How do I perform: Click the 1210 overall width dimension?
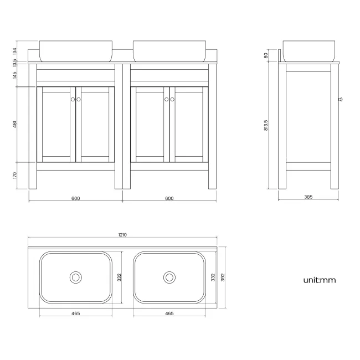pyautogui.click(x=122, y=235)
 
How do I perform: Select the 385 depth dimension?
pyautogui.click(x=308, y=197)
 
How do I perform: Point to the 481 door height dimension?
pyautogui.click(x=16, y=125)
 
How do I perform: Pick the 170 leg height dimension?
pyautogui.click(x=16, y=176)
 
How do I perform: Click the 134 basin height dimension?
pyautogui.click(x=16, y=51)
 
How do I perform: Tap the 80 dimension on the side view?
pyautogui.click(x=266, y=55)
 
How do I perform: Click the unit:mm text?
pyautogui.click(x=319, y=280)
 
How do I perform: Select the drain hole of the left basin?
pyautogui.click(x=75, y=277)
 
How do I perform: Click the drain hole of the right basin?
pyautogui.click(x=169, y=277)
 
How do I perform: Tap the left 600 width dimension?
pyautogui.click(x=76, y=198)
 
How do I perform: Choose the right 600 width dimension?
pyautogui.click(x=169, y=198)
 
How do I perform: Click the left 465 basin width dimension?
pyautogui.click(x=76, y=313)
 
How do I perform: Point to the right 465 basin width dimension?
pyautogui.click(x=169, y=313)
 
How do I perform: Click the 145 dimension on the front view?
pyautogui.click(x=16, y=76)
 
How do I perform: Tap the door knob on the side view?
pyautogui.click(x=340, y=100)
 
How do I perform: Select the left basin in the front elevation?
pyautogui.click(x=75, y=50)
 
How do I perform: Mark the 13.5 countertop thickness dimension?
pyautogui.click(x=16, y=62)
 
